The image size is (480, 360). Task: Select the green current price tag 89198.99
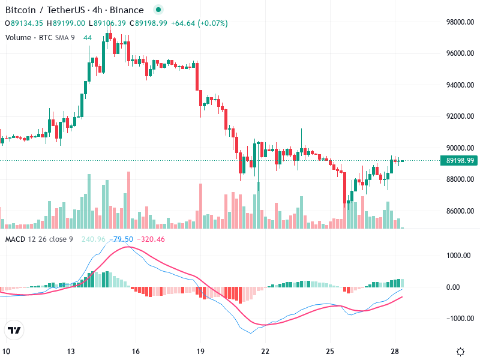[460, 161]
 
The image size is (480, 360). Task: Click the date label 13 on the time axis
[71, 352]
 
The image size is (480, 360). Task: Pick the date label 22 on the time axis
[265, 352]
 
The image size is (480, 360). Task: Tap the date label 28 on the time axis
[395, 352]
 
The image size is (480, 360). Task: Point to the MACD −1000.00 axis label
[458, 319]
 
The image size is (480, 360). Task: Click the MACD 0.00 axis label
[463, 287]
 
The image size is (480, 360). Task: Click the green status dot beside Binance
[158, 10]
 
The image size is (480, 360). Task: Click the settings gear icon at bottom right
[461, 352]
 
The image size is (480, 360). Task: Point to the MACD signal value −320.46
[151, 239]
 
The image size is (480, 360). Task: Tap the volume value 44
[88, 38]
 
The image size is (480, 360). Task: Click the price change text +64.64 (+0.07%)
[199, 23]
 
